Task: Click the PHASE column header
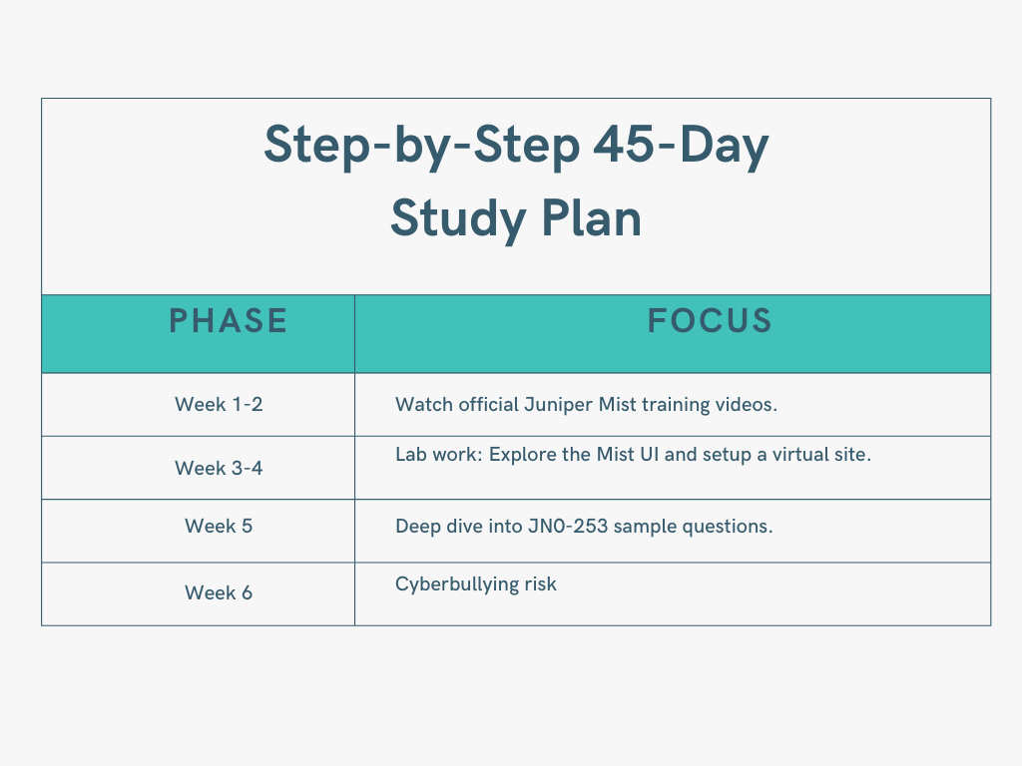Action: [x=229, y=321]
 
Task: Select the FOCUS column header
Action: [x=710, y=321]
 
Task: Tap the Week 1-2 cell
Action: [x=219, y=404]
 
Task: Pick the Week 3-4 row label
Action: [x=219, y=467]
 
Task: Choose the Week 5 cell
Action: [x=219, y=526]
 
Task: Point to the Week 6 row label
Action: [x=219, y=592]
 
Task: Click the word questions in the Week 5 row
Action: [x=728, y=526]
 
